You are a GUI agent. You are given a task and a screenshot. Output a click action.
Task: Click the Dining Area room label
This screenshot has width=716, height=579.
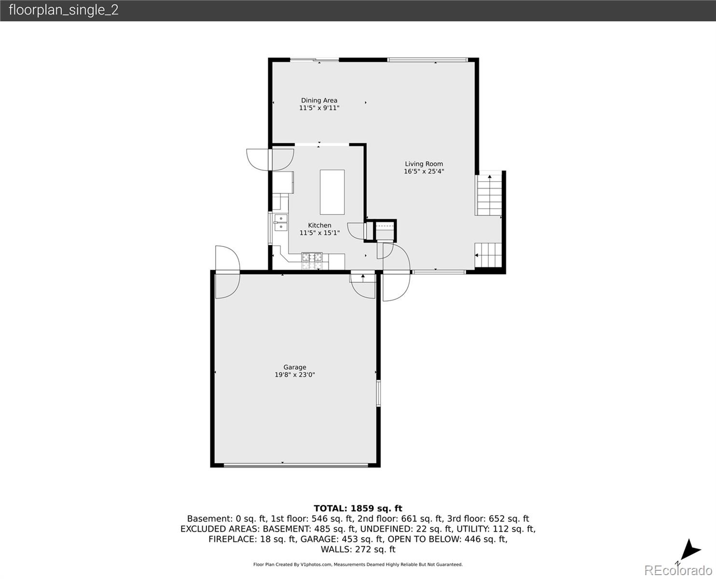pyautogui.click(x=319, y=100)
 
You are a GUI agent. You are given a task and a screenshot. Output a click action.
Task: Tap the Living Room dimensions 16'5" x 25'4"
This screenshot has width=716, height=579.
pyautogui.click(x=424, y=171)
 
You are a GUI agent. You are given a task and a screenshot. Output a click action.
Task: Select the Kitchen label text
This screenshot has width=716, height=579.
pyautogui.click(x=320, y=225)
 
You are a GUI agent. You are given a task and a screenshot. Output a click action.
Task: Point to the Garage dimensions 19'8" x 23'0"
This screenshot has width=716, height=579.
pyautogui.click(x=295, y=375)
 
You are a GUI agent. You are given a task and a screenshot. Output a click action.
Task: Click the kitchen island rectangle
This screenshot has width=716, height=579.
pyautogui.click(x=332, y=192)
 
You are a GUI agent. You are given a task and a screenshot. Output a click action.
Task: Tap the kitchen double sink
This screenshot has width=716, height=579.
pyautogui.click(x=281, y=222)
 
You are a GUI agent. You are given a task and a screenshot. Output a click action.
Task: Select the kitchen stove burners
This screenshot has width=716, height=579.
pyautogui.click(x=312, y=261)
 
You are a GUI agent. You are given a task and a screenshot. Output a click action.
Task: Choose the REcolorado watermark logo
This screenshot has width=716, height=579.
pyautogui.click(x=678, y=570)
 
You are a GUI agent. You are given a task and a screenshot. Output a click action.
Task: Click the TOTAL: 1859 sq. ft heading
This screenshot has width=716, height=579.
pyautogui.click(x=358, y=509)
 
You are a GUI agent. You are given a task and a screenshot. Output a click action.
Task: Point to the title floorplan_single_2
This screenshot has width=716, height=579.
pyautogui.click(x=64, y=10)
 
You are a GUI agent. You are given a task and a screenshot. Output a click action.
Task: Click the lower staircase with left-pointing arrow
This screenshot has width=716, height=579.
pyautogui.click(x=488, y=255)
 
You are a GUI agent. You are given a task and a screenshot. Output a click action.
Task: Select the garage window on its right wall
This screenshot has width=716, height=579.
pyautogui.click(x=378, y=393)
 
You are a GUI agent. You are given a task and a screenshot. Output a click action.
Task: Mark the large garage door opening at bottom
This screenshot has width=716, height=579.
pyautogui.click(x=296, y=466)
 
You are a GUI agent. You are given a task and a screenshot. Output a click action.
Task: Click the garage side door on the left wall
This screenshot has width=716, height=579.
pyautogui.click(x=228, y=272)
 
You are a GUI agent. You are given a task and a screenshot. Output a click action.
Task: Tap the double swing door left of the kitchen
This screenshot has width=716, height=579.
pyautogui.click(x=270, y=160)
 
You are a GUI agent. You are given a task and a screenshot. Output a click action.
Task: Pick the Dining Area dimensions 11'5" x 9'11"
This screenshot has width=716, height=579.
pyautogui.click(x=319, y=108)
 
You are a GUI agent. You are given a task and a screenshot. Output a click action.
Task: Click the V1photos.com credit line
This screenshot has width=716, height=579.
pyautogui.click(x=358, y=565)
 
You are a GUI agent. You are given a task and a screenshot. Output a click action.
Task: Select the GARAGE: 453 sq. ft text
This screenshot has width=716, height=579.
pyautogui.click(x=342, y=539)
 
